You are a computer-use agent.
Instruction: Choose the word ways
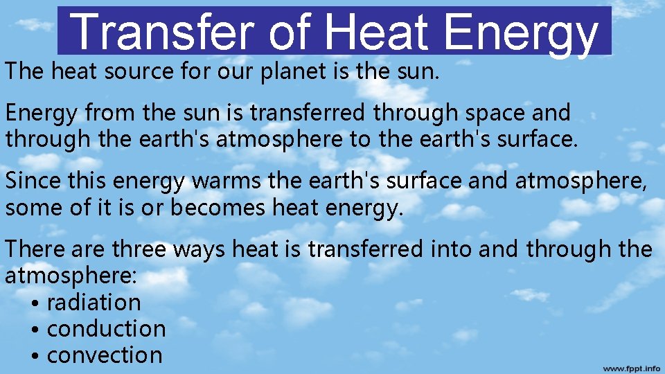click(199, 248)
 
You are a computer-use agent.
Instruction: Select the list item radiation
click(94, 303)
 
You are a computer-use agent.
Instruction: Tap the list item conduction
click(106, 328)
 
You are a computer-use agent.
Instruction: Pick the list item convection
click(105, 355)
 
